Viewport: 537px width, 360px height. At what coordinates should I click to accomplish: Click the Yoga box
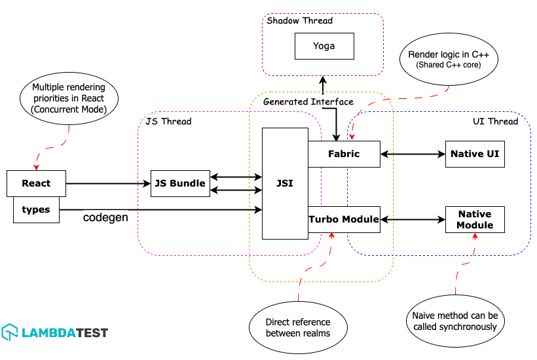click(324, 46)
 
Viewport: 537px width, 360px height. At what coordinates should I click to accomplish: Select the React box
click(36, 183)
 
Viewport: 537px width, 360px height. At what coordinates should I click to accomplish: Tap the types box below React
click(36, 209)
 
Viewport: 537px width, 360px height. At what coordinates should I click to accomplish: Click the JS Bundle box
click(180, 183)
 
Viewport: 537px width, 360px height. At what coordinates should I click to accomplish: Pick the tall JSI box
click(285, 183)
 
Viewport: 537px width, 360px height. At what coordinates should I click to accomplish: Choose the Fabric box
click(344, 154)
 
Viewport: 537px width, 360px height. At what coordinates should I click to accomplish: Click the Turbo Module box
click(344, 219)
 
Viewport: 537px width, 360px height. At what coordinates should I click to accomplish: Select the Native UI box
click(475, 154)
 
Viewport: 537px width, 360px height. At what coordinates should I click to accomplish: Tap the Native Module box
click(475, 219)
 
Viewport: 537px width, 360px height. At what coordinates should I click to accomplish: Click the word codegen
click(105, 217)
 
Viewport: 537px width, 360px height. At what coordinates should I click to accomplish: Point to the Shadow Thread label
click(299, 21)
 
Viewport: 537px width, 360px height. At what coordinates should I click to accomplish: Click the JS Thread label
click(168, 121)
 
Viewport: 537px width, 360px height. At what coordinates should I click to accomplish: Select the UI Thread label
click(495, 121)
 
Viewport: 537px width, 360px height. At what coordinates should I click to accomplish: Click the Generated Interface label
click(308, 101)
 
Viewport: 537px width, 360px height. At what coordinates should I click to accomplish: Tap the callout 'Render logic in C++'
click(449, 60)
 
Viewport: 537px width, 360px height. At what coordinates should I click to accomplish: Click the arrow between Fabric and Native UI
click(412, 154)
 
